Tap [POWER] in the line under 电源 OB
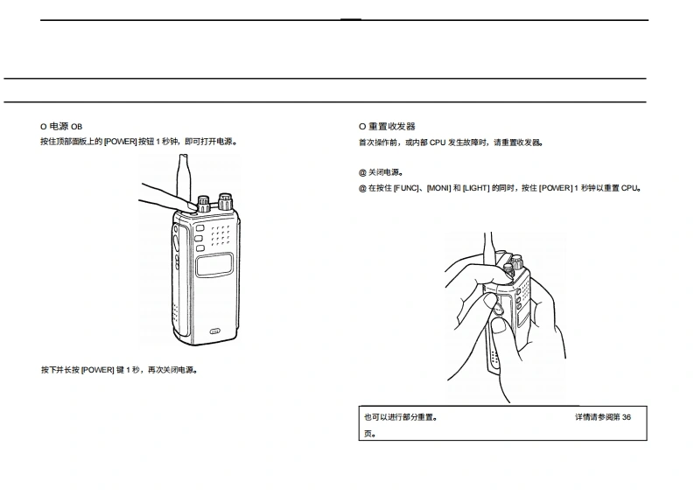pos(121,142)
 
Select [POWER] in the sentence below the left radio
pos(98,370)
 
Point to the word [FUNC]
pos(407,188)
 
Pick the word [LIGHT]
pos(476,188)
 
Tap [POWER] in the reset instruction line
pos(556,188)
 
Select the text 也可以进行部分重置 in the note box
pos(399,417)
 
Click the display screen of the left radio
pos(215,266)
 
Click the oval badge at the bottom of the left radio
pos(215,331)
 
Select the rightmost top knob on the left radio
pos(225,201)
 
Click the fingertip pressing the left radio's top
pos(186,206)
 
